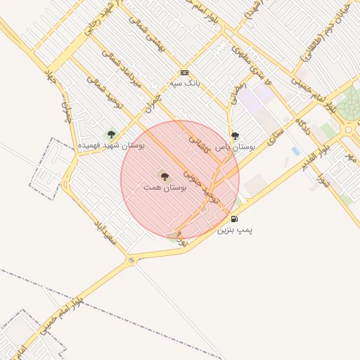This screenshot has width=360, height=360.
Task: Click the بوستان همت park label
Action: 165,188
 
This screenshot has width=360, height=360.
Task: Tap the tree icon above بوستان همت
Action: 165,176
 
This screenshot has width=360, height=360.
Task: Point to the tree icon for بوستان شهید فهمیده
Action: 111,134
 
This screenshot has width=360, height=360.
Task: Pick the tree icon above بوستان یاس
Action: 235,136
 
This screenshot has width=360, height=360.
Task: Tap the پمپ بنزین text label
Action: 234,229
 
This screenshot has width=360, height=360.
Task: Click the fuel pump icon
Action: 234,219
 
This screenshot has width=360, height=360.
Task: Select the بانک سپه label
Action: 185,83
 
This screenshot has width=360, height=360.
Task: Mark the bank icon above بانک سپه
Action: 185,72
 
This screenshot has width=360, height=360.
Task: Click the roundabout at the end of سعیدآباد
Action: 131,260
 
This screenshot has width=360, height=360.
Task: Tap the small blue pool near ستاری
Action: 295,151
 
